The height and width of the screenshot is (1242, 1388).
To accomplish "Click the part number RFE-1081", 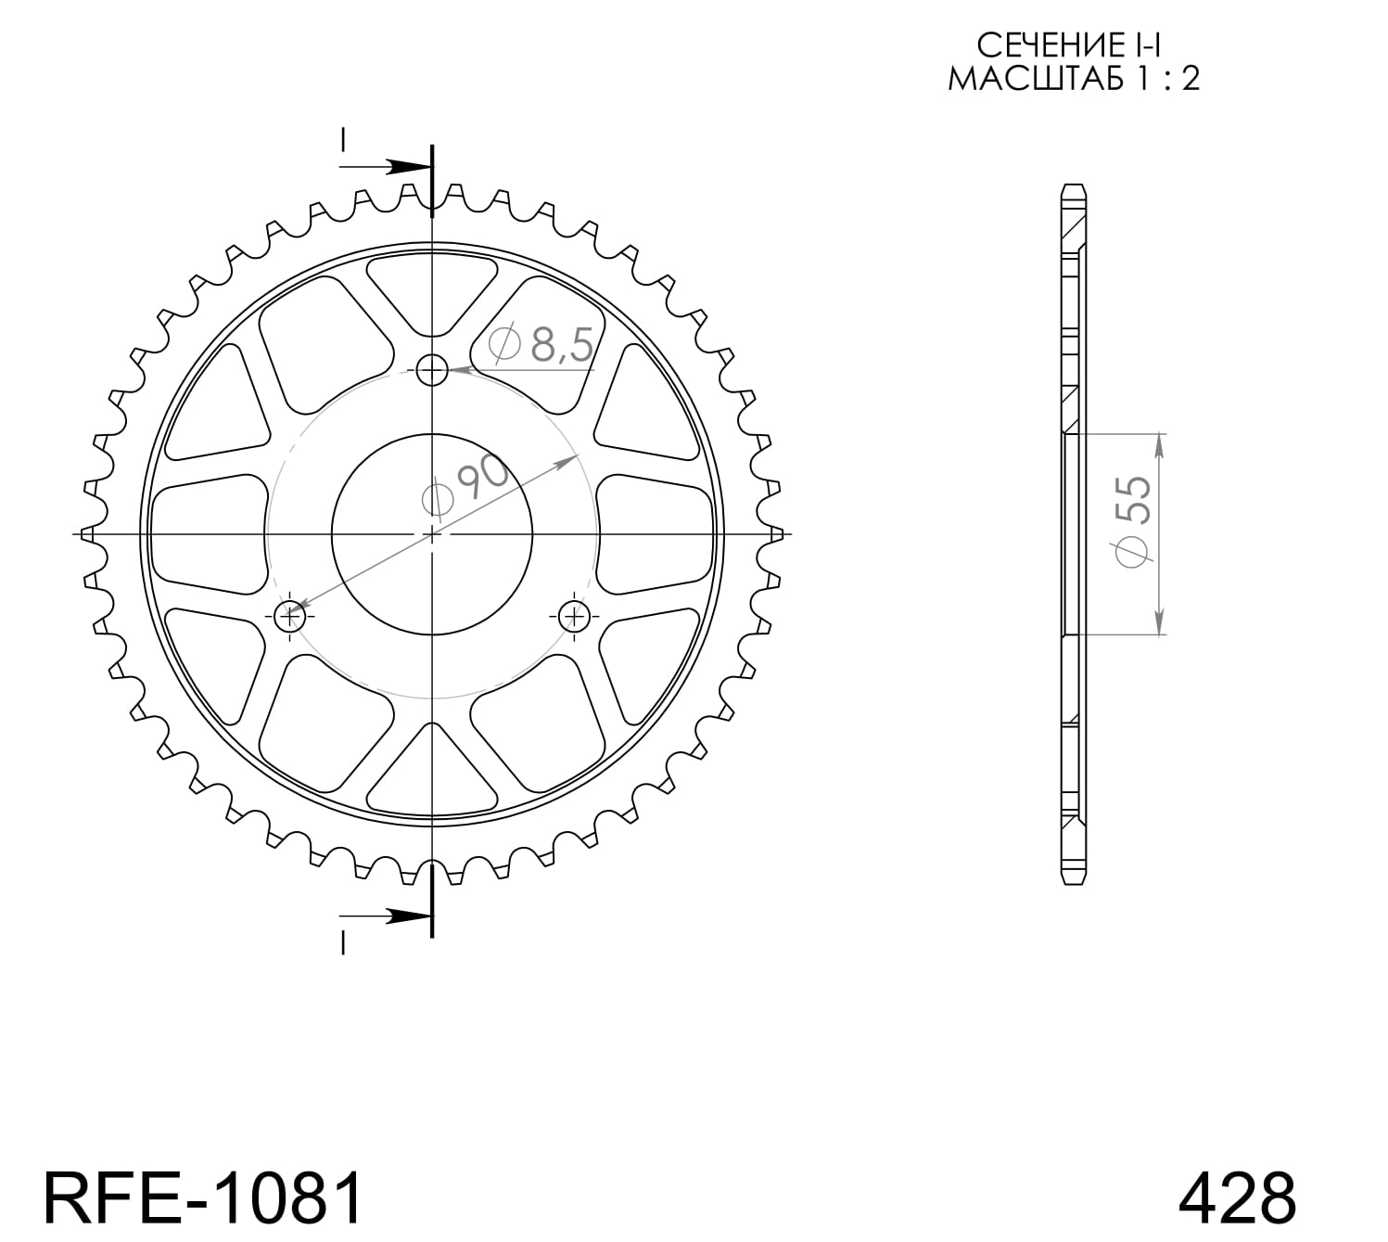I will [203, 1197].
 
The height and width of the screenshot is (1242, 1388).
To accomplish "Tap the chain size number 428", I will [1236, 1197].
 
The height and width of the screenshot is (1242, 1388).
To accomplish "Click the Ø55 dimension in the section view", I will [1133, 521].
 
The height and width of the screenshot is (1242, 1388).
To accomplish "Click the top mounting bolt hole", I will [432, 371].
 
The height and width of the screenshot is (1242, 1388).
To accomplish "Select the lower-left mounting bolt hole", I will [290, 614].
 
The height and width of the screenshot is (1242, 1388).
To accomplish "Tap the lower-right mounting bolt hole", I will [574, 614].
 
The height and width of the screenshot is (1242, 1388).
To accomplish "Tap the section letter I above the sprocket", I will [343, 141].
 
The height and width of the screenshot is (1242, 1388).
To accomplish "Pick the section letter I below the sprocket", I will [343, 942].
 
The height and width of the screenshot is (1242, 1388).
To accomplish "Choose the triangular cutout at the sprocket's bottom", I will [432, 775].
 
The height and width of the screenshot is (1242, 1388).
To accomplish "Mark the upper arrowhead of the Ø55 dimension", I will [1159, 447].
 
